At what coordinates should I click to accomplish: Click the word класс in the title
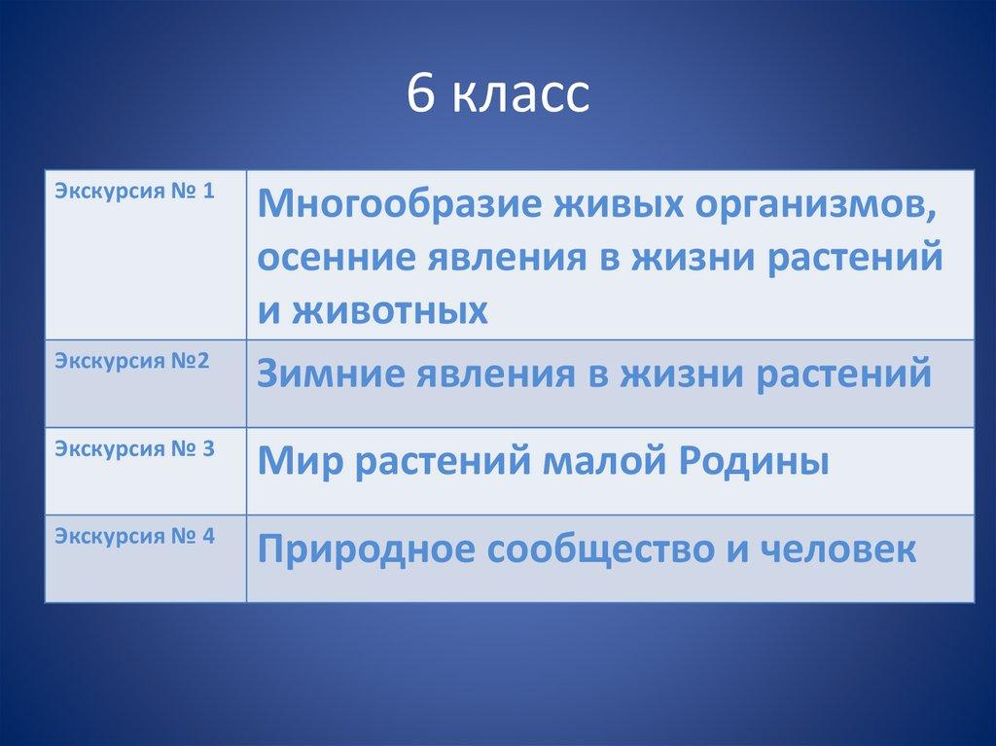521,97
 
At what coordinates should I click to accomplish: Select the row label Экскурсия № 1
134,192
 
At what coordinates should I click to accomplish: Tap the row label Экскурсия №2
131,361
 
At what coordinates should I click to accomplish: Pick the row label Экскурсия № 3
134,449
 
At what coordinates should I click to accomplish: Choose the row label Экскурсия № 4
134,537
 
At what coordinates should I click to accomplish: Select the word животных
390,311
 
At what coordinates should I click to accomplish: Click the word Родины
754,462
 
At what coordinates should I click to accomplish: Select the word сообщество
600,550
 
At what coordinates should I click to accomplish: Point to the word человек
837,549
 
